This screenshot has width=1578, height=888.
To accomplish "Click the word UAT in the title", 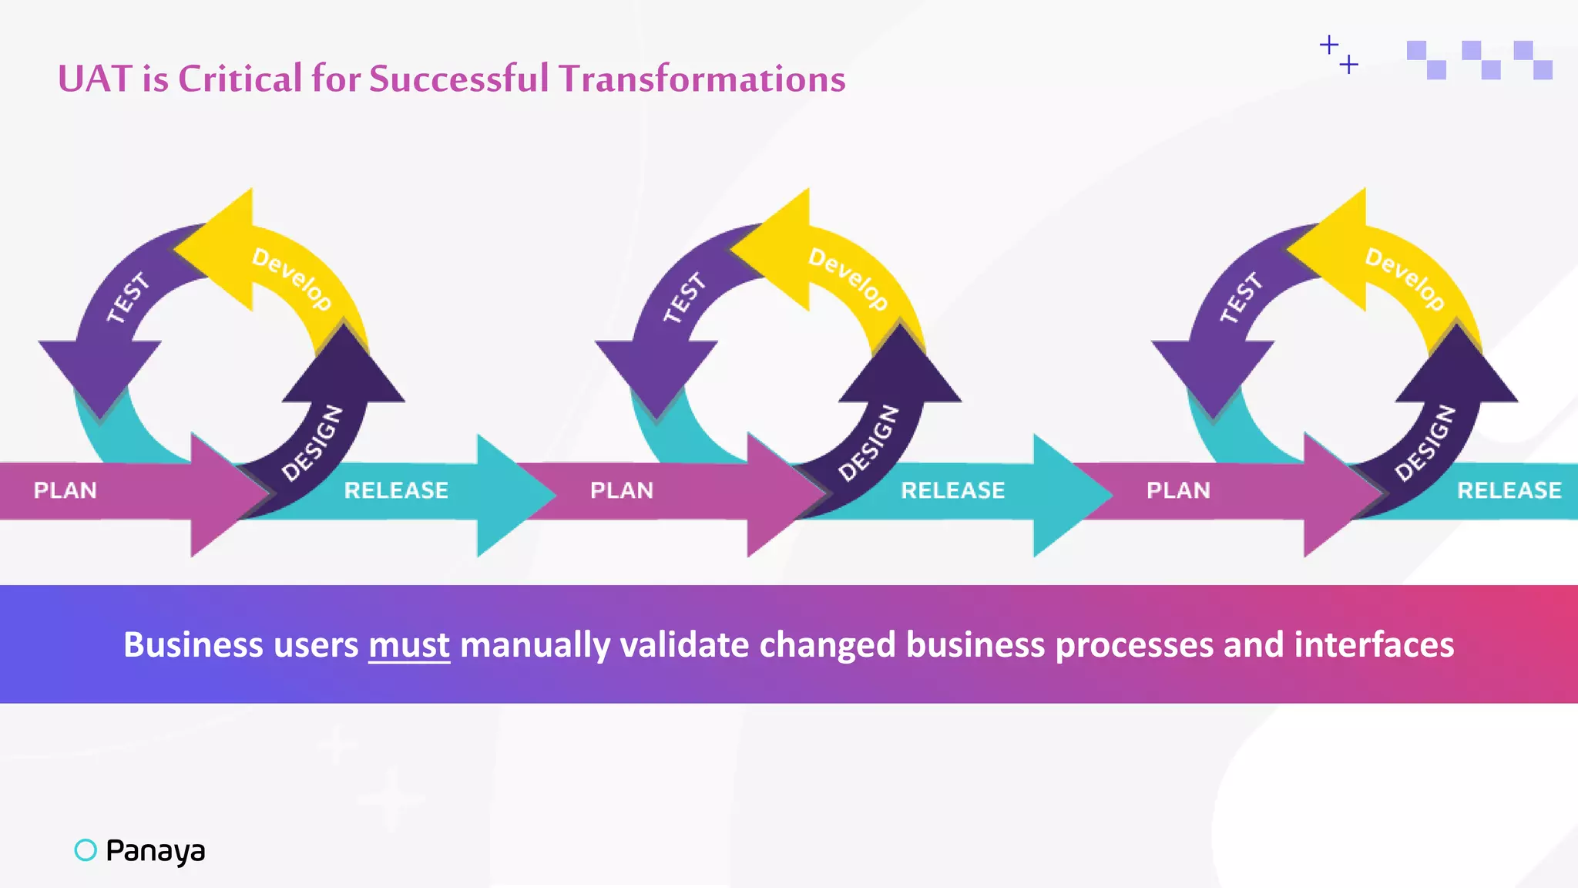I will [95, 79].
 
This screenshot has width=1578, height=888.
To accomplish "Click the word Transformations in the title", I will [702, 79].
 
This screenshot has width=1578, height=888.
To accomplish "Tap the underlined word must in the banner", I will [408, 644].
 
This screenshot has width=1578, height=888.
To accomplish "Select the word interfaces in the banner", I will [1374, 644].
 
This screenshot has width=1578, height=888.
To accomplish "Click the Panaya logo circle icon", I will [86, 849].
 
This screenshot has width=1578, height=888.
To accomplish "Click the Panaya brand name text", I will [156, 850].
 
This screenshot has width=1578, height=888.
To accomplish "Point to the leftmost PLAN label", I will [65, 490].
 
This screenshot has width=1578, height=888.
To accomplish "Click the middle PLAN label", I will [622, 490].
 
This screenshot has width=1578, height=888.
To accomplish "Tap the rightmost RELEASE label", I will [1509, 490].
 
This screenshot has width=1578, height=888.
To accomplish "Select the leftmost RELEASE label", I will [396, 490].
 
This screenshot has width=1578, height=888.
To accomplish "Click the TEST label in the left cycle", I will [127, 298].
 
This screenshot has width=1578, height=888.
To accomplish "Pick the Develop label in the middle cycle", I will [848, 278].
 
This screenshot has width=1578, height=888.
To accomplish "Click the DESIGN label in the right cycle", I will [1425, 442].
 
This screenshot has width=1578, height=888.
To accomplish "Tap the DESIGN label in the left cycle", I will [312, 442].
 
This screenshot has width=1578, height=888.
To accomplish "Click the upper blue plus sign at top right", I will [1328, 45].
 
